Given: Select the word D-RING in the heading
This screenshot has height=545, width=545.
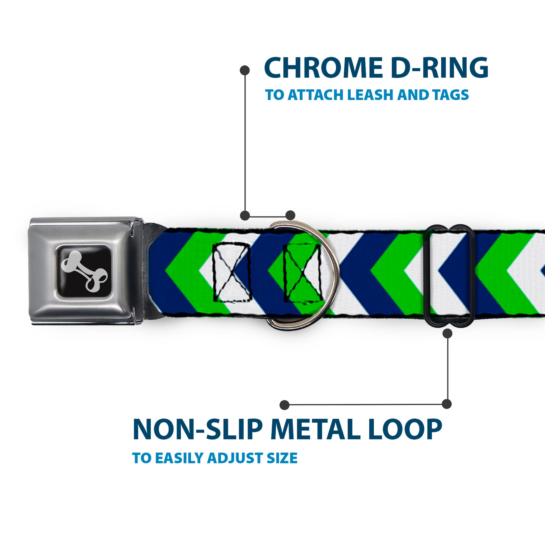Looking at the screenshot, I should (439, 68).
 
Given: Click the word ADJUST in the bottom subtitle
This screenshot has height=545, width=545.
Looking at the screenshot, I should (235, 458).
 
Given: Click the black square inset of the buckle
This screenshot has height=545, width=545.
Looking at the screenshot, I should (85, 271).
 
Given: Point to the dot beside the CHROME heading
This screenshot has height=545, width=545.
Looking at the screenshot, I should (244, 70).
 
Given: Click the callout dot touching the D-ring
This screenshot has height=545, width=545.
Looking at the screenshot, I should (290, 215).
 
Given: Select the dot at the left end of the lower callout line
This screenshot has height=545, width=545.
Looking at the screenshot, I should (285, 405).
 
